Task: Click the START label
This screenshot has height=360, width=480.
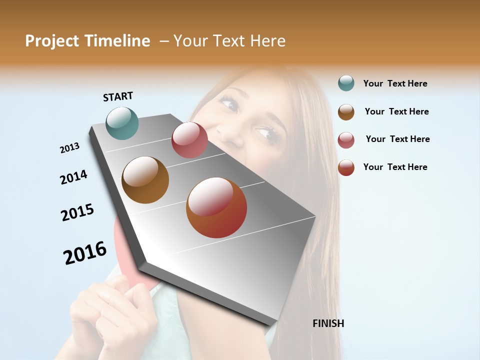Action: [118, 96]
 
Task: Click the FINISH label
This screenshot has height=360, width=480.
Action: [328, 323]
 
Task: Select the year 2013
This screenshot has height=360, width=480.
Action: [69, 148]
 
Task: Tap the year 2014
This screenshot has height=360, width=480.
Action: [73, 177]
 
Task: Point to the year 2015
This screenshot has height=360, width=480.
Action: [77, 212]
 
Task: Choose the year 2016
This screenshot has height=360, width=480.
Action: [85, 253]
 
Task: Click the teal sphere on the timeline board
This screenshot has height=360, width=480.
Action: [122, 123]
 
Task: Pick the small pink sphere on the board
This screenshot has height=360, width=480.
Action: [189, 140]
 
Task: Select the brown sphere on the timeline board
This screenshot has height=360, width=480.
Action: [145, 179]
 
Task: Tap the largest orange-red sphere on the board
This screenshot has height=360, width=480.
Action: [216, 207]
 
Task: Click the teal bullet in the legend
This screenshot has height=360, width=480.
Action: [346, 83]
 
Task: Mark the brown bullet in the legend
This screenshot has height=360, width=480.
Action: [346, 112]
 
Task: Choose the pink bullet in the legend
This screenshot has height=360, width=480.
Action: [346, 140]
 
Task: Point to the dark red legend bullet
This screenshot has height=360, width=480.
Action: [346, 167]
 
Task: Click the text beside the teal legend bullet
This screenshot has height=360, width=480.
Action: [395, 83]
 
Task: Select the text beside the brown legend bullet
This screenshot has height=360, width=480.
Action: [396, 111]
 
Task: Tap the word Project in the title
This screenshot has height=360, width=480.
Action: [52, 41]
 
